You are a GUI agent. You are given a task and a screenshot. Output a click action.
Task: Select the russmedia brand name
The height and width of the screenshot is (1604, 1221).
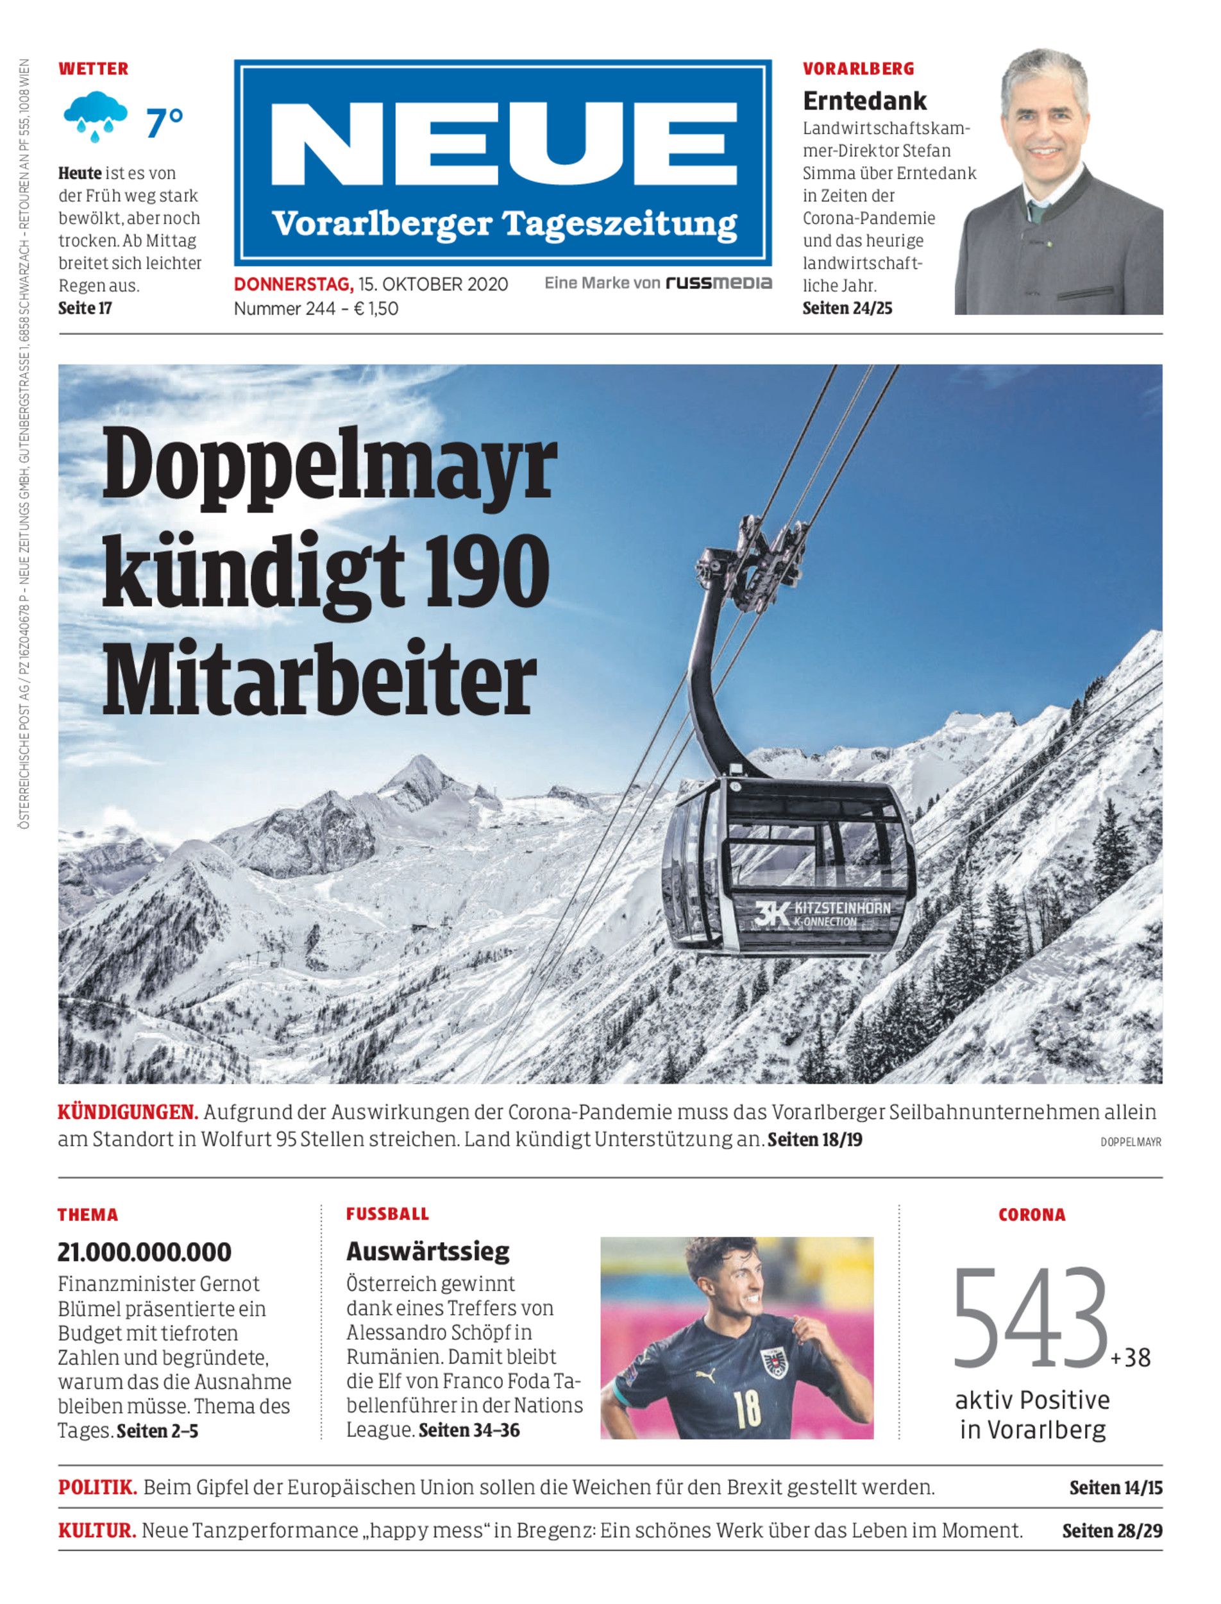(719, 283)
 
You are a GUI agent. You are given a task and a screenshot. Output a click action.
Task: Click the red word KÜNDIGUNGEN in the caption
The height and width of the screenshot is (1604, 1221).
(128, 1113)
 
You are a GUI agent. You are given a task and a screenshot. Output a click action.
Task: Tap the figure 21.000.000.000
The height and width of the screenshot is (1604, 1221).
(145, 1252)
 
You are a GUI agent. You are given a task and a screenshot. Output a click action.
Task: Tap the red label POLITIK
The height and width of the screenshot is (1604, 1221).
(97, 1487)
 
